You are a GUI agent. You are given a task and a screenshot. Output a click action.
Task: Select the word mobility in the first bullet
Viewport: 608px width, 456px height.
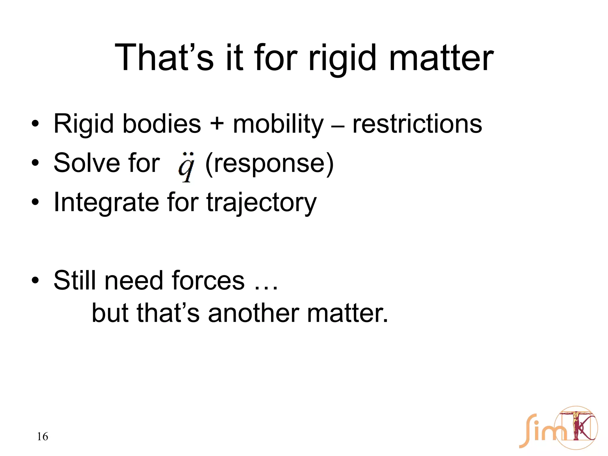(278, 124)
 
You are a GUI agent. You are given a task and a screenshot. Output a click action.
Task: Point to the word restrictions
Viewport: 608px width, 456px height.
(417, 124)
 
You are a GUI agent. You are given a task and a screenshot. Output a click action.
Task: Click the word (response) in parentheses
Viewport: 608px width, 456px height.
(270, 163)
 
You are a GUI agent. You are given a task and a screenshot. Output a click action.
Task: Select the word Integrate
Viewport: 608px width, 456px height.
(105, 202)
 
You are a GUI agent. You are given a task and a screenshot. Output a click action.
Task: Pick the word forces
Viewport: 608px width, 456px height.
(208, 281)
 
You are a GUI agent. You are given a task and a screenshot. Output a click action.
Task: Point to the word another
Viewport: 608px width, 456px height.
(254, 313)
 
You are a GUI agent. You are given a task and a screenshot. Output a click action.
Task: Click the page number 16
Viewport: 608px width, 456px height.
(42, 436)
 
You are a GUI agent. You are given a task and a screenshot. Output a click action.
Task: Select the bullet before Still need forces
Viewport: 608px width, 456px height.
(35, 280)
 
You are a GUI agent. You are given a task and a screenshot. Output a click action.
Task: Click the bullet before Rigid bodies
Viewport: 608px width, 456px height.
(35, 124)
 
